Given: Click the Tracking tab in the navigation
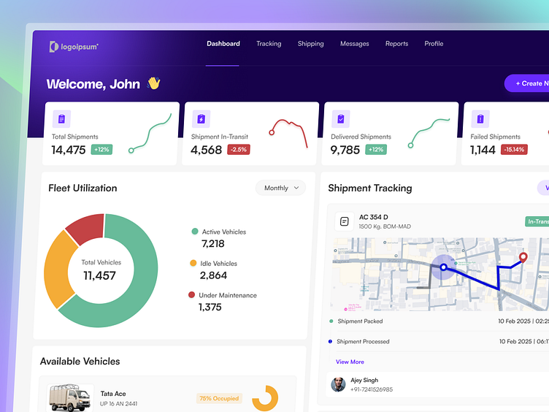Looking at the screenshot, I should tap(269, 44).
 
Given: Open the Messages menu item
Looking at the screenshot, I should tap(354, 44).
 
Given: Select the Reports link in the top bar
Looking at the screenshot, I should tap(396, 44).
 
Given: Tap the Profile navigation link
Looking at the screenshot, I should tap(434, 44).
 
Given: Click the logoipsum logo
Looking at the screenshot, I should tap(73, 47).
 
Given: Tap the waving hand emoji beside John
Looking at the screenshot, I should tap(153, 83).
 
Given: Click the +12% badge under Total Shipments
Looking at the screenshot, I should tap(101, 150).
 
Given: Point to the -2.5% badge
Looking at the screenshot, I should tap(238, 150).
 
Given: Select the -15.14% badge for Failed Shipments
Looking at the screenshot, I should tap(514, 150).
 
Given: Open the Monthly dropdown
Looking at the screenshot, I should tap(280, 188).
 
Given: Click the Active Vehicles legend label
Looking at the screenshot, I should tap(223, 232).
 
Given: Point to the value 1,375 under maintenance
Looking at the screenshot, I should tap(210, 308).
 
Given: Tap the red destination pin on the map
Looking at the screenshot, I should tap(523, 256).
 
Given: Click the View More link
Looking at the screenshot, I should tap(350, 362).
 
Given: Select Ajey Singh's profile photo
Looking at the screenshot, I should tap(338, 384).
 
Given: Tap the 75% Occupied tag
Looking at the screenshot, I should tap(219, 399).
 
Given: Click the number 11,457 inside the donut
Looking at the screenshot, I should tap(99, 275).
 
